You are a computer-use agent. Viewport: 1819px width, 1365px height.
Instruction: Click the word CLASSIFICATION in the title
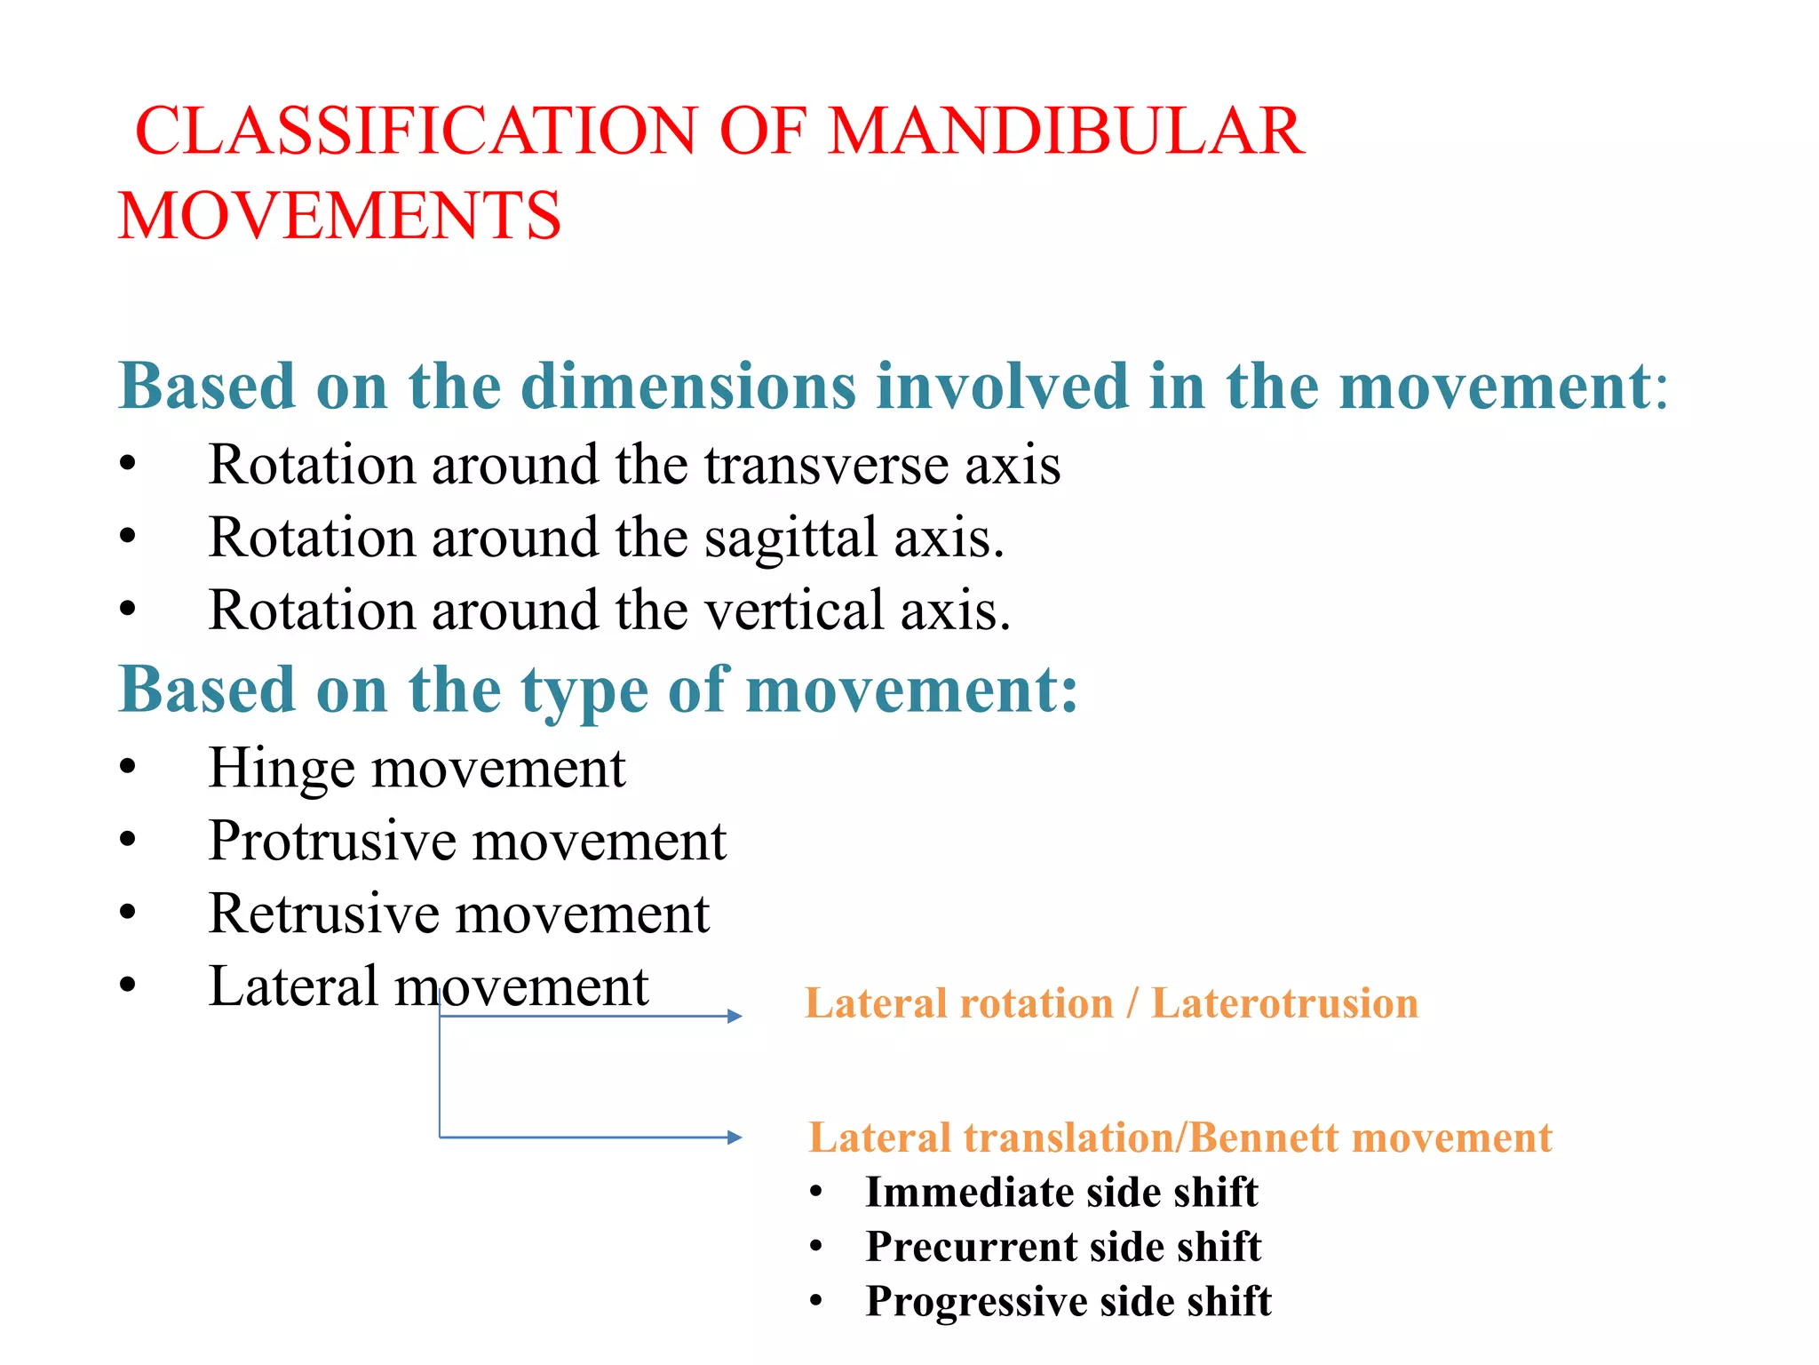click(416, 132)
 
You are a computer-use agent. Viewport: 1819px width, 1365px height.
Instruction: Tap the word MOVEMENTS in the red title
click(339, 216)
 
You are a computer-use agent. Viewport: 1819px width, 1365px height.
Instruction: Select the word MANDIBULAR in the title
click(1065, 132)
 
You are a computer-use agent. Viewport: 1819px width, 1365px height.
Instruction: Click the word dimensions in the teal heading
click(687, 387)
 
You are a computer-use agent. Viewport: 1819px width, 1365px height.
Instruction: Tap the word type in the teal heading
click(584, 691)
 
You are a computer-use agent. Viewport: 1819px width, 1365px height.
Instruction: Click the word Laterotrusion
click(1284, 1004)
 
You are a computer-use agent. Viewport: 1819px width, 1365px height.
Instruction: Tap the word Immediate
click(969, 1193)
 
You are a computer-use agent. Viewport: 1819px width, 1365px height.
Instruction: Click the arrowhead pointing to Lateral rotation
click(735, 1016)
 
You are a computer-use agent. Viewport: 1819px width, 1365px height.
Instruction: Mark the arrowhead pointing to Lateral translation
click(735, 1137)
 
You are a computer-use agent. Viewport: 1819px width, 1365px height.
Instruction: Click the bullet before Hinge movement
click(128, 767)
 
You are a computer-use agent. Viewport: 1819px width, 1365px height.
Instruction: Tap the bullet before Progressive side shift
click(816, 1301)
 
